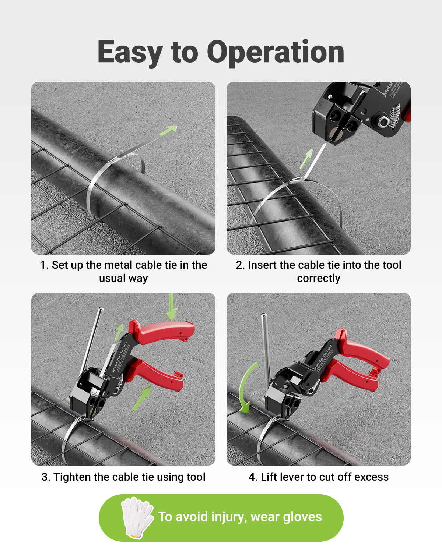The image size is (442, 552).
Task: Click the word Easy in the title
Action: (130, 53)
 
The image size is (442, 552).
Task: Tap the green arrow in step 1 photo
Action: (168, 130)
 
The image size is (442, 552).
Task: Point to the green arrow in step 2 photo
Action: (306, 158)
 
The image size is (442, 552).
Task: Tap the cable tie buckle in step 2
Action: (297, 180)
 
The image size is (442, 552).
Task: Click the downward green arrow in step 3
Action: (171, 307)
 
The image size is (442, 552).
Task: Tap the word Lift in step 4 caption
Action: (269, 477)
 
